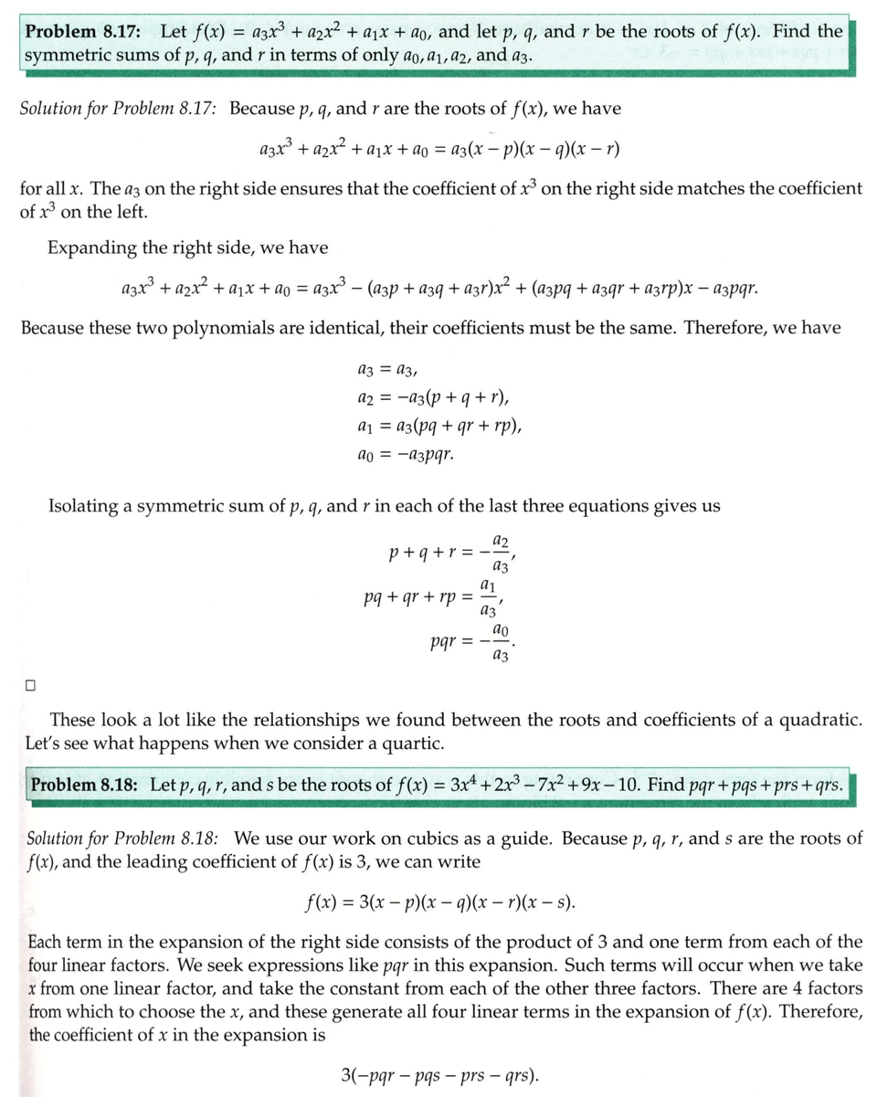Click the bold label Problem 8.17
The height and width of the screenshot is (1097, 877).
coord(83,31)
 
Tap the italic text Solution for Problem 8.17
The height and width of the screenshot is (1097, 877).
coord(118,109)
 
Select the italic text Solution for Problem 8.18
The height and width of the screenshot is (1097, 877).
coord(124,839)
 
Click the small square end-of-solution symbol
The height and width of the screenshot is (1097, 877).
coord(31,684)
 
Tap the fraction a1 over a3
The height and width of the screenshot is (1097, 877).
coord(489,596)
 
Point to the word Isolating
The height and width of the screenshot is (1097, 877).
coord(88,506)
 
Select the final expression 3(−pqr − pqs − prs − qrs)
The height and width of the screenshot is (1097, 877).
coord(438,1073)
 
